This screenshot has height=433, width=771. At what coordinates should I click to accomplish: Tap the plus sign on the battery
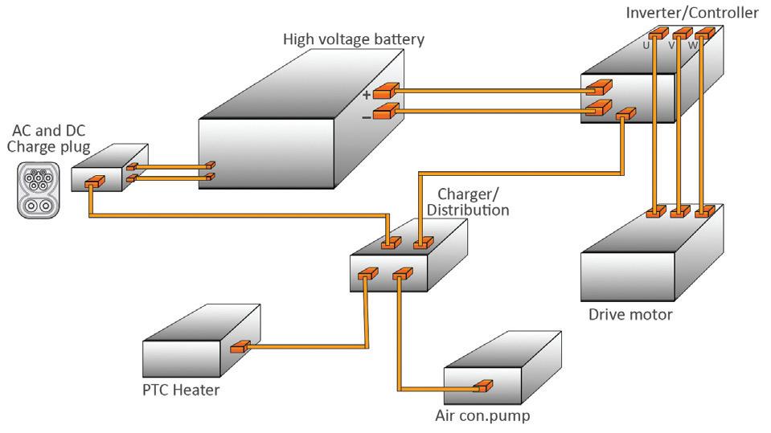[x=367, y=94]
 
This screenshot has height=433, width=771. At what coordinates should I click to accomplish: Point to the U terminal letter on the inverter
[x=646, y=45]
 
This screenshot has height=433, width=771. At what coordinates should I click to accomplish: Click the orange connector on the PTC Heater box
[x=239, y=348]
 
